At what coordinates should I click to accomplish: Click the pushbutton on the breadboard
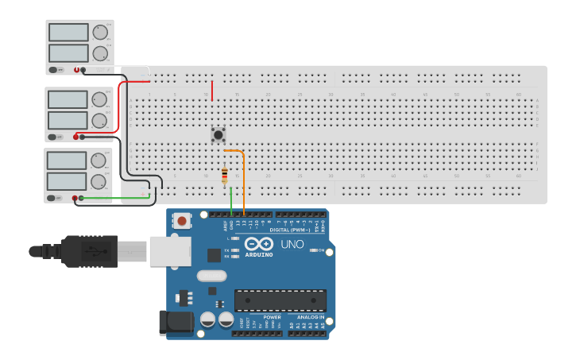pyautogui.click(x=218, y=134)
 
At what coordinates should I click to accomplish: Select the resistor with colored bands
pyautogui.click(x=225, y=175)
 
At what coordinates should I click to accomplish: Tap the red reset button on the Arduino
pyautogui.click(x=182, y=221)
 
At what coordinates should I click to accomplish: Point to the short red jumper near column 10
pyautogui.click(x=212, y=89)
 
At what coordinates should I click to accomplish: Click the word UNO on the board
pyautogui.click(x=292, y=244)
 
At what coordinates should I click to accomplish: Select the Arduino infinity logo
pyautogui.click(x=259, y=243)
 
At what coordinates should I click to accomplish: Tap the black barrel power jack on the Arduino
pyautogui.click(x=175, y=323)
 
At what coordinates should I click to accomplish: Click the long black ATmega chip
pyautogui.click(x=280, y=300)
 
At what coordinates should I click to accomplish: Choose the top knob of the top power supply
pyautogui.click(x=99, y=33)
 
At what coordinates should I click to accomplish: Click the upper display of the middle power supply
pyautogui.click(x=68, y=99)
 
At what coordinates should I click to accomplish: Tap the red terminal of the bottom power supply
pyautogui.click(x=75, y=198)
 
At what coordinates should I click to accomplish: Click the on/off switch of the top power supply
pyautogui.click(x=54, y=70)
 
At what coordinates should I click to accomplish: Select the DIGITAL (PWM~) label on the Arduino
pyautogui.click(x=290, y=230)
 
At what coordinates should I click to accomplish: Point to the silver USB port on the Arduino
pyautogui.click(x=169, y=251)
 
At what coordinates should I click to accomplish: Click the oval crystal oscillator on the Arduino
pyautogui.click(x=211, y=276)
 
